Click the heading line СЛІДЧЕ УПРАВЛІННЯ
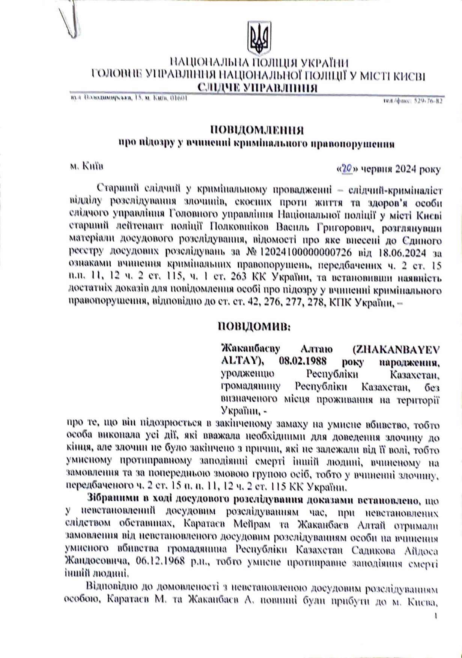[x=257, y=89]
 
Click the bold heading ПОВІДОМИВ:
[x=254, y=326]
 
